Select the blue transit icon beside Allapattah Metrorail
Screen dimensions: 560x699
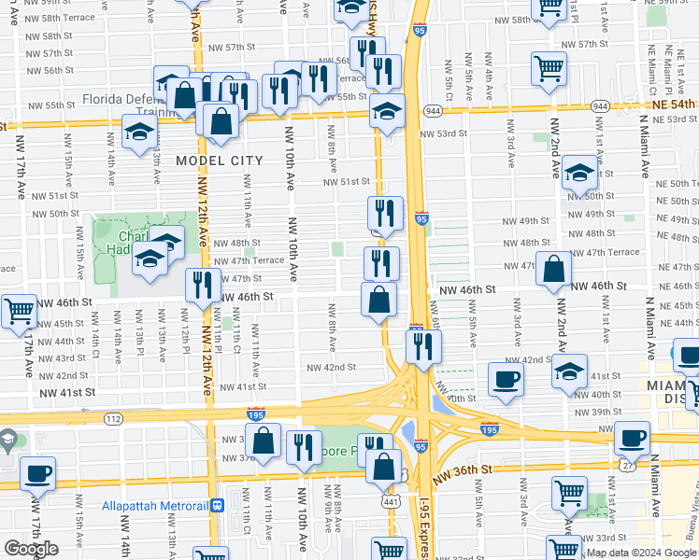[217, 505]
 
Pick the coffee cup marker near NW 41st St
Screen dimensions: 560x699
[506, 379]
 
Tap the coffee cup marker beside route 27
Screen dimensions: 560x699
[633, 437]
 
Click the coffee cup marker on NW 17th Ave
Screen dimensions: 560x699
[37, 473]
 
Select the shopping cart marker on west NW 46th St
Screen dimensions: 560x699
[19, 311]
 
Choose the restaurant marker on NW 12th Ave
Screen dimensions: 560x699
[203, 283]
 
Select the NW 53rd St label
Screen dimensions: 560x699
[443, 134]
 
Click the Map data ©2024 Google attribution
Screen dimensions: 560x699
[641, 553]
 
